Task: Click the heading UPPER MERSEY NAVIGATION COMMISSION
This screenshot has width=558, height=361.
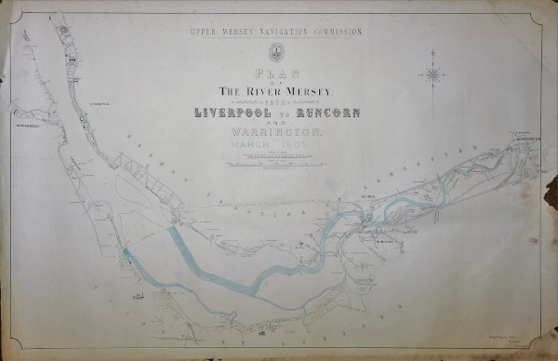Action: click(276, 32)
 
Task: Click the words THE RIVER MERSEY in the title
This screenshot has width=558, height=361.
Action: click(276, 90)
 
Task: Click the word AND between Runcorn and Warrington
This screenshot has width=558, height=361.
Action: click(276, 125)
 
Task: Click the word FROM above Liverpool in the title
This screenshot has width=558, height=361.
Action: click(276, 101)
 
